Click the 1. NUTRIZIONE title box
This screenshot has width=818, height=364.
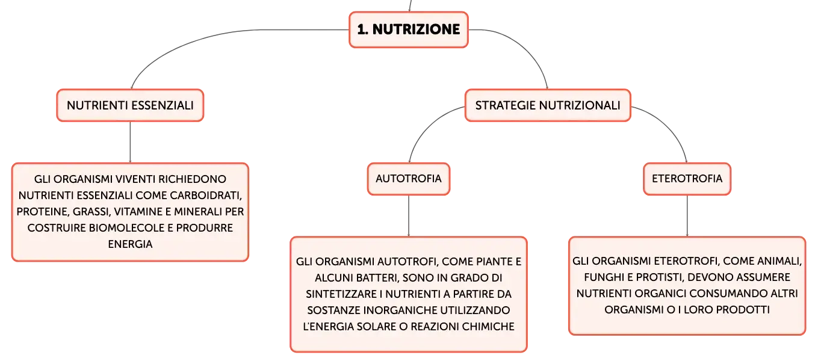409,29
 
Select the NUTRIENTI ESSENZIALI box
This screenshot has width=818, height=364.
130,105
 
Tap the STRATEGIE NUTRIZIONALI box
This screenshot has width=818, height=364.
548,105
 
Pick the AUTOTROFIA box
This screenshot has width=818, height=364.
409,179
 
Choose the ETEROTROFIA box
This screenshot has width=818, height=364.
687,179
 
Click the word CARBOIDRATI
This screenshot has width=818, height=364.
206,196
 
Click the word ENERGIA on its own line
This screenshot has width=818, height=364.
130,244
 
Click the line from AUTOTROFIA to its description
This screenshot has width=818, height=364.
409,216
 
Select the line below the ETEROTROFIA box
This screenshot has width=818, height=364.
687,216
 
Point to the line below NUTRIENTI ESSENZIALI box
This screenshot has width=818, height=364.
130,142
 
